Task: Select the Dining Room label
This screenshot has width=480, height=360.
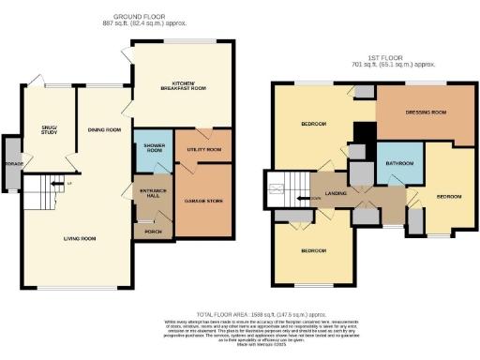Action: pyautogui.click(x=103, y=130)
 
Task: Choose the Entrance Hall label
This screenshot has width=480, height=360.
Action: pyautogui.click(x=151, y=193)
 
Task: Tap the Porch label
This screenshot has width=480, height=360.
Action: pyautogui.click(x=151, y=225)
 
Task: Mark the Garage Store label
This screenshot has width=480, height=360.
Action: pyautogui.click(x=202, y=198)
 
